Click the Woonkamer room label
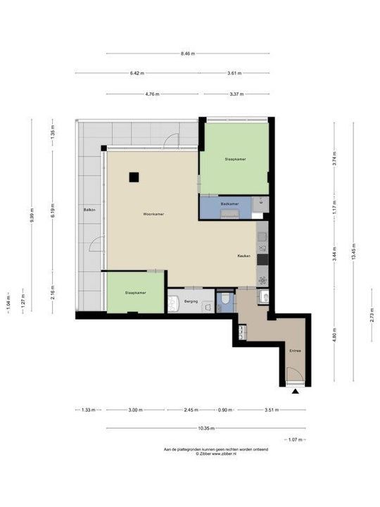pos(153,214)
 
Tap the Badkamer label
pos(229,204)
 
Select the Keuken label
pos(244,256)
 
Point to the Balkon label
pos(89,210)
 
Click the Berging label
pos(191,301)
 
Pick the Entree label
pos(296,350)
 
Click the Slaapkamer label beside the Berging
pos(135,292)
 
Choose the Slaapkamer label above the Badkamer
pos(235,159)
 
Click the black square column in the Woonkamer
pos(134,177)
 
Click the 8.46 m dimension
pos(187,54)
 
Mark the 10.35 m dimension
pos(205,427)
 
